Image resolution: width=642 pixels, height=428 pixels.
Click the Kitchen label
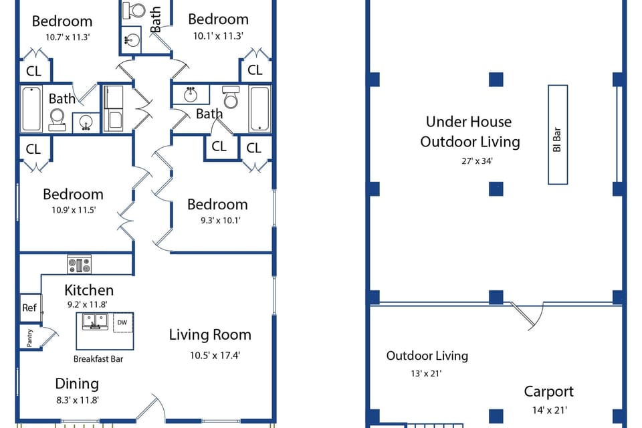click(x=89, y=290)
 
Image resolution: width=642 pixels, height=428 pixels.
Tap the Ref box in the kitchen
click(x=29, y=308)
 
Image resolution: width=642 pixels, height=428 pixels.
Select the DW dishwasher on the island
click(x=122, y=323)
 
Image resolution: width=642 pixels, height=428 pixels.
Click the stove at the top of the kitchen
click(x=80, y=265)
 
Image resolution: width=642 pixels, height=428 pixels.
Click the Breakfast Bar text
click(x=98, y=358)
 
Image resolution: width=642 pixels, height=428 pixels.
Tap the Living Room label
click(x=209, y=334)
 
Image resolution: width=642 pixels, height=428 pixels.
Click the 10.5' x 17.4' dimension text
click(x=215, y=356)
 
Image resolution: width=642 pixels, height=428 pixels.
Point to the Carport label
click(x=548, y=392)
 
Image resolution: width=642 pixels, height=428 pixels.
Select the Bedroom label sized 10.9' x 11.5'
click(x=73, y=195)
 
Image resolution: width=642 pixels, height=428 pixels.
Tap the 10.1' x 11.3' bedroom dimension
click(x=218, y=37)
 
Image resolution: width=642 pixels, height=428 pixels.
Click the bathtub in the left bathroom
click(x=31, y=108)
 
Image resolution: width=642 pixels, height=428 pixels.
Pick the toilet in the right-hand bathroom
click(x=231, y=98)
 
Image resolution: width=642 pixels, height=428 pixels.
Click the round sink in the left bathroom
click(x=85, y=122)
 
